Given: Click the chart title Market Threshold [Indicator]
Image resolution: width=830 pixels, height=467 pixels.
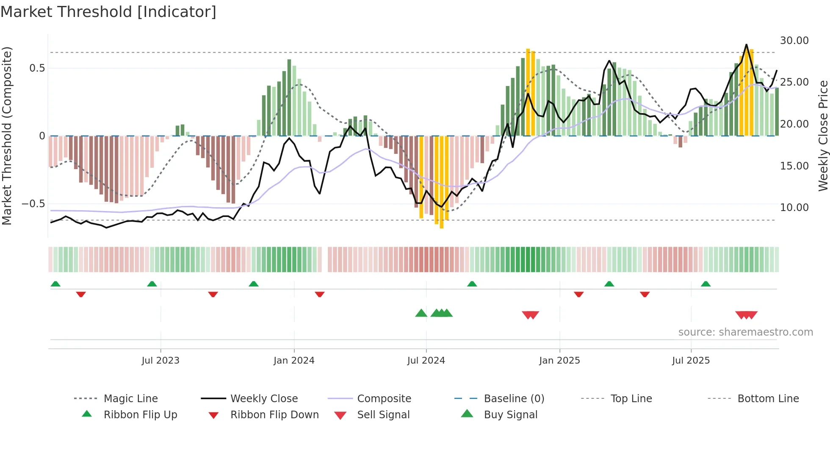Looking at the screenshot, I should pos(108,12).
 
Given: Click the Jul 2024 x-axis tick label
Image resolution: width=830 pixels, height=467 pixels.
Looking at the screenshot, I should pos(426,361).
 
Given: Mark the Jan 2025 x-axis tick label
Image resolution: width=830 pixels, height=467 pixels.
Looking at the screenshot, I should pos(559,361).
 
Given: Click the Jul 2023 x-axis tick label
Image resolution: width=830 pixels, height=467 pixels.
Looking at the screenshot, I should pos(160,361).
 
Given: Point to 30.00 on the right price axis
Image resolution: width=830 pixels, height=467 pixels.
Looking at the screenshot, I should pos(794,41).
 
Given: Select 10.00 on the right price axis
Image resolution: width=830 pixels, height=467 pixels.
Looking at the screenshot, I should pos(794,208).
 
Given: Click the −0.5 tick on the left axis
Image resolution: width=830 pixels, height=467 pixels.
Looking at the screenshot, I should pos(33,204).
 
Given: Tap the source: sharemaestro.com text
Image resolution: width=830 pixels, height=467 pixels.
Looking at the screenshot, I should pos(745,332).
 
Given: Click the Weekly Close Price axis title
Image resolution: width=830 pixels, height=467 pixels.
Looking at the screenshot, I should pos(823,136).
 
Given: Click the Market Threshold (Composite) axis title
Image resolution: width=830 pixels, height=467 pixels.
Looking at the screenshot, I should pos(7,136).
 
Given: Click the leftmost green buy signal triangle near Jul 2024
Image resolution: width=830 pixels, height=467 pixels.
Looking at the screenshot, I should pos(421,313).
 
